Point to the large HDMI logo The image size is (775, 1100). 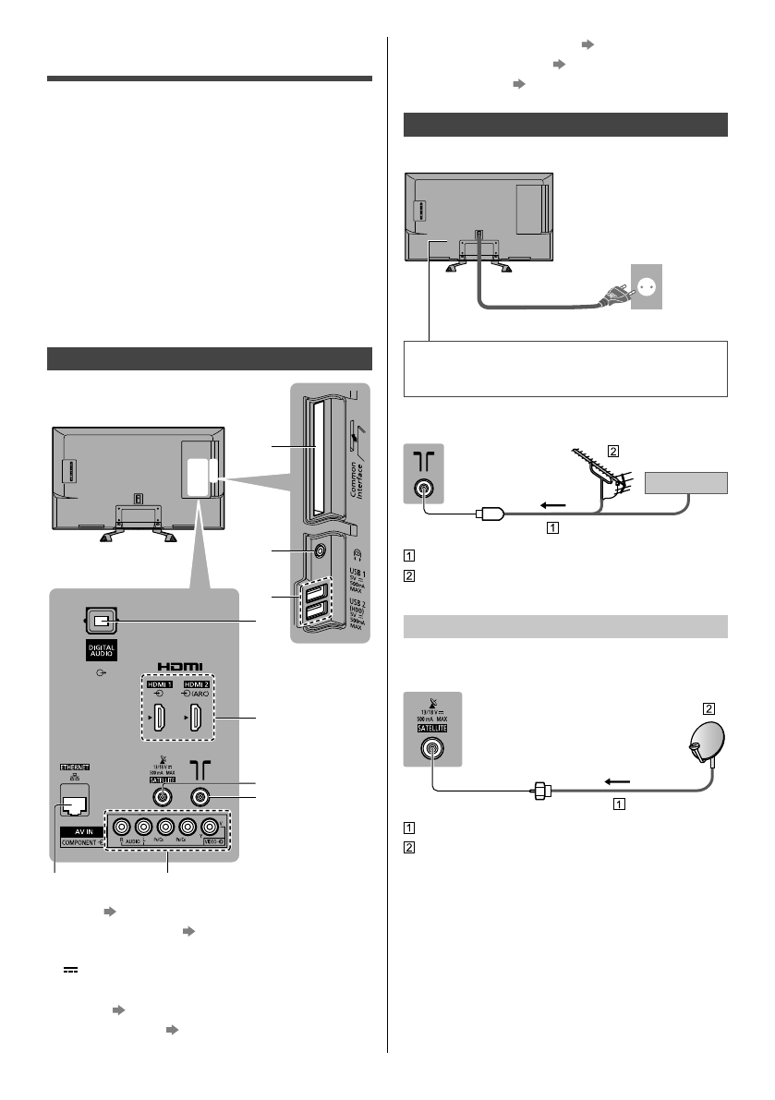[179, 664]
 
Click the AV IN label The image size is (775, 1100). [79, 830]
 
